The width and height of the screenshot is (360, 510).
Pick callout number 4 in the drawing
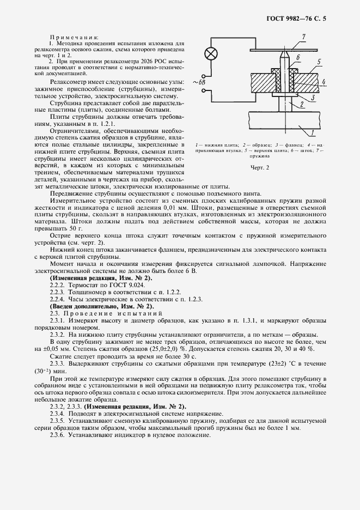(x=298, y=57)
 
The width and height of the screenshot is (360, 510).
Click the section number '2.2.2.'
(x=58, y=286)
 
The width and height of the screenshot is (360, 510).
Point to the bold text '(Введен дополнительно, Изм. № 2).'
(x=102, y=307)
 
